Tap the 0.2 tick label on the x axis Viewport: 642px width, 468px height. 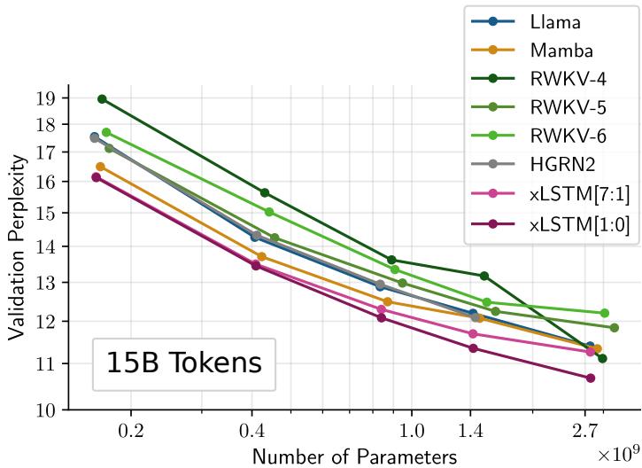(131, 431)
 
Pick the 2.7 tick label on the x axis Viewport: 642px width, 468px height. (585, 431)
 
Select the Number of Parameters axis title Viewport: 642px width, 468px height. (355, 456)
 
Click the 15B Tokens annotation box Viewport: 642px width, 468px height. (184, 363)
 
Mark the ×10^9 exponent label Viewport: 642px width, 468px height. (618, 452)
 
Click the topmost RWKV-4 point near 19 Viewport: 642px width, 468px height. (102, 98)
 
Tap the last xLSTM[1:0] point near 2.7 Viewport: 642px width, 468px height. (591, 378)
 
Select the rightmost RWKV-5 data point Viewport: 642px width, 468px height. (614, 327)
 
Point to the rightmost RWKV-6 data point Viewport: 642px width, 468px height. (605, 313)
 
